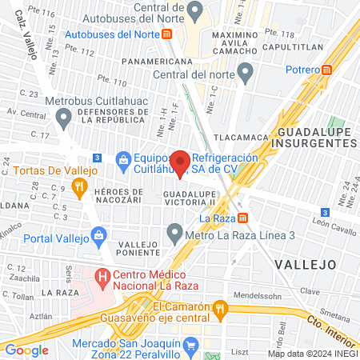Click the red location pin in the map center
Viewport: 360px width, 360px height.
pyautogui.click(x=181, y=162)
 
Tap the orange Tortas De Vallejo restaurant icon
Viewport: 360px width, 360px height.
pyautogui.click(x=78, y=189)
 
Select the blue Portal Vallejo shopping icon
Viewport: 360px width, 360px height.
pyautogui.click(x=98, y=235)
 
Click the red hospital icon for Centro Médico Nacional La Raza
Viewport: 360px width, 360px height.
pyautogui.click(x=102, y=278)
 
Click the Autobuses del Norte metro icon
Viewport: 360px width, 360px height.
pyautogui.click(x=166, y=34)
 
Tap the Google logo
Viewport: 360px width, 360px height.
pyautogui.click(x=27, y=350)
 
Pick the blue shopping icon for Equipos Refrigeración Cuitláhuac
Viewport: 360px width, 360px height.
pyautogui.click(x=122, y=159)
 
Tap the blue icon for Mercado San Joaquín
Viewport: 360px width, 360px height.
pyautogui.click(x=190, y=346)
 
